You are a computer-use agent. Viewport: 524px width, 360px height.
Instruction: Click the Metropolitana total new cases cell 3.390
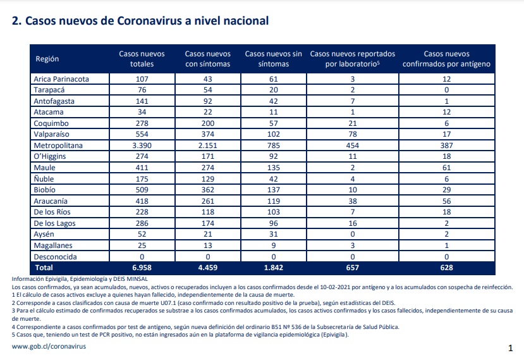142,146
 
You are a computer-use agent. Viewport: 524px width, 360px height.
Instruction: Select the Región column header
47,59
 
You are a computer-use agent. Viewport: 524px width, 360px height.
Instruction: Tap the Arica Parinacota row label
61,79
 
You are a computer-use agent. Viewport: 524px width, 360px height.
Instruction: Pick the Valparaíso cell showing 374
207,134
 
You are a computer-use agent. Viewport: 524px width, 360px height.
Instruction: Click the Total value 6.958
142,268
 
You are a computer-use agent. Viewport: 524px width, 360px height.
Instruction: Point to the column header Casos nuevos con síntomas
207,59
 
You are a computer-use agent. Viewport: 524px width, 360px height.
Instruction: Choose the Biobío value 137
273,190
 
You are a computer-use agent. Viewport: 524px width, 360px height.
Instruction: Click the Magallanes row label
53,245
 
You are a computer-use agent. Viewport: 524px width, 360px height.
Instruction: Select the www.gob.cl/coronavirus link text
49,347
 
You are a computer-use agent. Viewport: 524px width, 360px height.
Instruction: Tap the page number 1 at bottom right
510,348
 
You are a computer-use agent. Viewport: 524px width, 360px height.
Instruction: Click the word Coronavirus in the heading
149,21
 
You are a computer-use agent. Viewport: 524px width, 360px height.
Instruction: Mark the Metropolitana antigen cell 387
446,146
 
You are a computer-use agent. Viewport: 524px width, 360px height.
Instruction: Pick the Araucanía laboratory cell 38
353,201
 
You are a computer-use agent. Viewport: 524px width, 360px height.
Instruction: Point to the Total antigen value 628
446,268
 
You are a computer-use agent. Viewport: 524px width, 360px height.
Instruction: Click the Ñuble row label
44,178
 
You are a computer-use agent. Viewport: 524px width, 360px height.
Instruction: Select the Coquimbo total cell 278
142,123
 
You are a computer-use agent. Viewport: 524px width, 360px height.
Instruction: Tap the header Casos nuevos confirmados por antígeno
446,59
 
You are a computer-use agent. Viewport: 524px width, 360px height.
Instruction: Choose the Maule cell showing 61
446,168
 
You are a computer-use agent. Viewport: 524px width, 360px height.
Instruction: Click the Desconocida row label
55,257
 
